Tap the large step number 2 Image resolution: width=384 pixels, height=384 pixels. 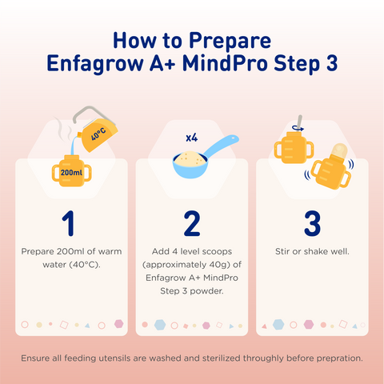192,219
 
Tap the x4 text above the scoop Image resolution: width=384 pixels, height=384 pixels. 192,138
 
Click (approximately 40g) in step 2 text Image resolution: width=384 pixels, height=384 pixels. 192,264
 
